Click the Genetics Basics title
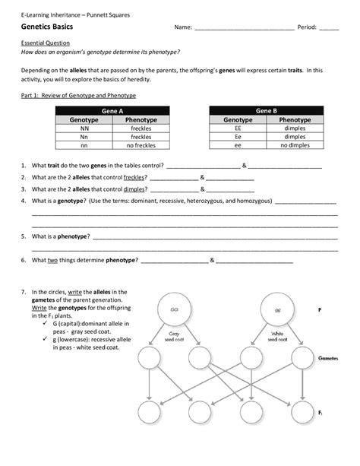pos(47,27)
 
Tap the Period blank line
pos(329,29)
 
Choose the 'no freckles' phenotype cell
pos(141,144)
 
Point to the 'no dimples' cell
pos(291,144)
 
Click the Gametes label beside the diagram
pos(328,357)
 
